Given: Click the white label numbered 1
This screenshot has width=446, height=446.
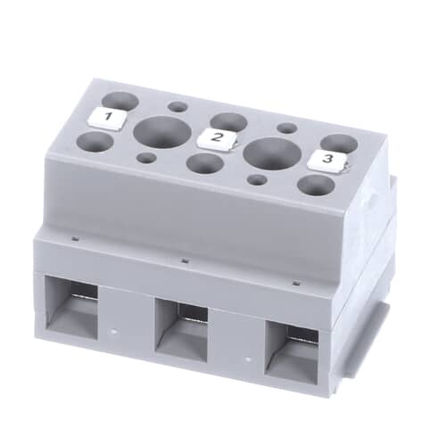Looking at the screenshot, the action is click(x=108, y=119).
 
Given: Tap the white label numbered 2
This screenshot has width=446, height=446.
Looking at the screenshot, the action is click(x=217, y=138).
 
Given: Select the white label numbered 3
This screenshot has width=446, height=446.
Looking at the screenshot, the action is click(x=327, y=161).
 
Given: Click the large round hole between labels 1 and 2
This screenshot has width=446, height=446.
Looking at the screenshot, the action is click(x=162, y=132).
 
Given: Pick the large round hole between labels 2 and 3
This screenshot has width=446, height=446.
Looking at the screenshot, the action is click(x=272, y=153).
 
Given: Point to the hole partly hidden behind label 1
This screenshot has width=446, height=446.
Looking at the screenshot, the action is click(x=121, y=100).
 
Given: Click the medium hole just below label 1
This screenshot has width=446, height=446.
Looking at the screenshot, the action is click(x=95, y=142).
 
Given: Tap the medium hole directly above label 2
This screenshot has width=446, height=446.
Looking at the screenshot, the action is click(x=228, y=122).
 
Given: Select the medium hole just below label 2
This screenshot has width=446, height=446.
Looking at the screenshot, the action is click(x=205, y=163).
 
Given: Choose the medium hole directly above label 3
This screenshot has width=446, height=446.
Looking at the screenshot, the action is click(x=339, y=143).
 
